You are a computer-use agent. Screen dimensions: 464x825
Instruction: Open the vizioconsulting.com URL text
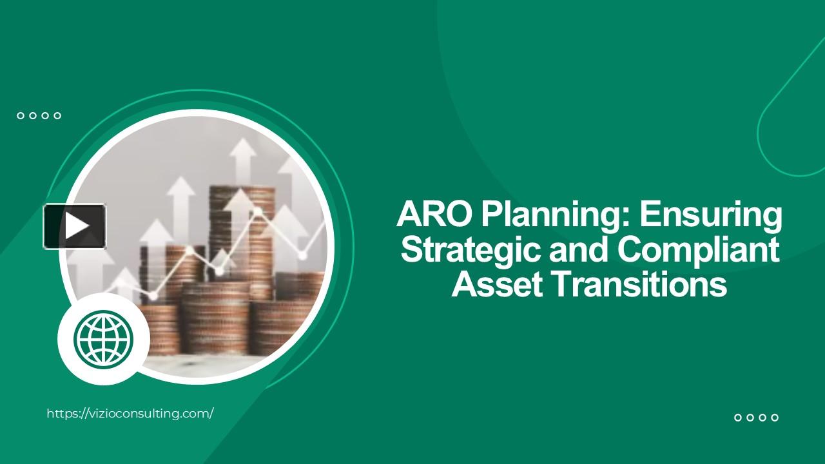point(130,414)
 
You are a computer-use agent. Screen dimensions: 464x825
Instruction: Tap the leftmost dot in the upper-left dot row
point(21,116)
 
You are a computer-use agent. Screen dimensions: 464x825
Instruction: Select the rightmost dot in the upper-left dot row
point(57,116)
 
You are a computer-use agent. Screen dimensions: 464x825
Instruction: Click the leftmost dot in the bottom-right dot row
point(738,418)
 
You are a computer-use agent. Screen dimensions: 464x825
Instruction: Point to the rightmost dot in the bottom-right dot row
point(775,418)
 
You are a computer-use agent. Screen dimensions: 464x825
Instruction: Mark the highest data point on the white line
point(257,211)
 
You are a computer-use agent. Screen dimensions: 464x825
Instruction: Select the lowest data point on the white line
point(153,296)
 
